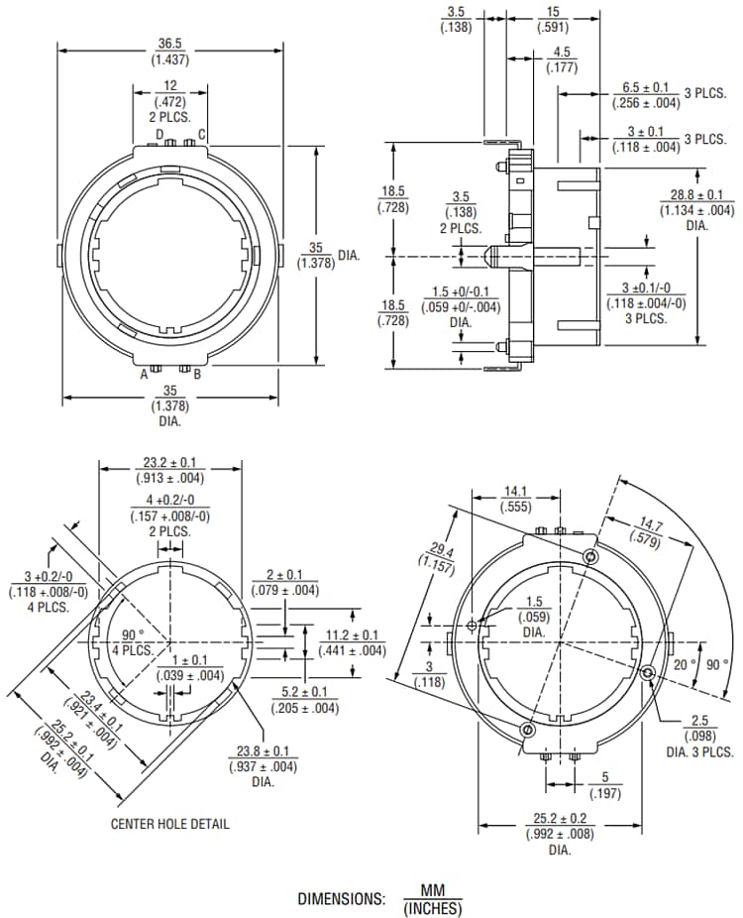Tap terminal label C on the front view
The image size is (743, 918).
202,135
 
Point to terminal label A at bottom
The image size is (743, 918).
144,374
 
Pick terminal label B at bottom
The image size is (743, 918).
197,374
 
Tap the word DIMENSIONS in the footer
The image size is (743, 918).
341,898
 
